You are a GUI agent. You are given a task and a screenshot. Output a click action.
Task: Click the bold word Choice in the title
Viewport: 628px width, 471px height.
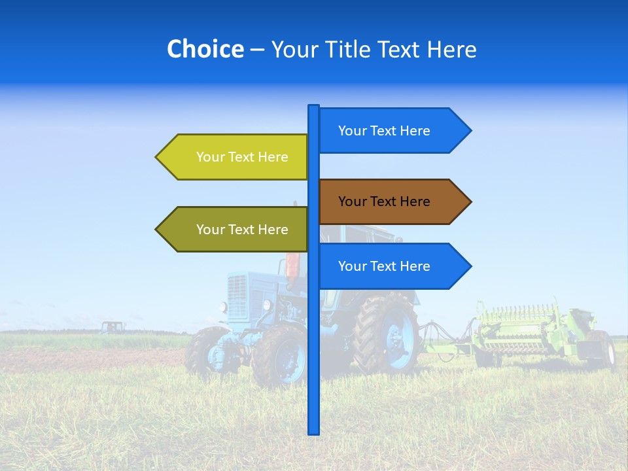point(205,49)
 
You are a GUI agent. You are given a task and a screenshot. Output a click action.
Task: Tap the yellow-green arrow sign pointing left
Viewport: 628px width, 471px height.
point(235,157)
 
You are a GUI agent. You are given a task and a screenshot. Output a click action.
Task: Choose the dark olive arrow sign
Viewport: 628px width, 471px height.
point(235,230)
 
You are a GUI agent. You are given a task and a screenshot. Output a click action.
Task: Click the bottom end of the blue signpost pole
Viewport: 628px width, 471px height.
point(313,431)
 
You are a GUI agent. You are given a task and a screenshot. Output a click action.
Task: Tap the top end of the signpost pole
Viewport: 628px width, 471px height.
point(313,107)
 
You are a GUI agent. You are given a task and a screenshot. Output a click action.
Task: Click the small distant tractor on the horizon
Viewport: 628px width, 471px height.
point(112,326)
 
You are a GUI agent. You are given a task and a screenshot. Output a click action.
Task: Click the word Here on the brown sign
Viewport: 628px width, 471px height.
point(414,201)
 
